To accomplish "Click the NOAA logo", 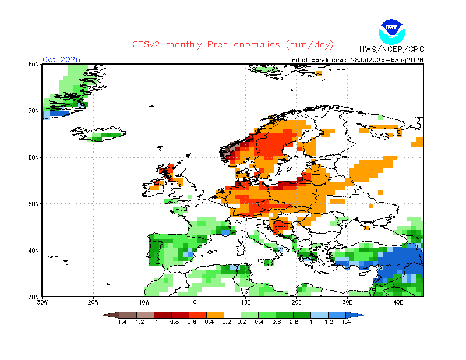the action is (391, 32).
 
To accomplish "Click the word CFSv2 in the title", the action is (146, 45).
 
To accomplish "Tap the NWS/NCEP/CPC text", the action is (391, 49).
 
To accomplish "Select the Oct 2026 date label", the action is (61, 59).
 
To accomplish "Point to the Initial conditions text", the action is (356, 60).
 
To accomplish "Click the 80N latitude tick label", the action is (34, 64).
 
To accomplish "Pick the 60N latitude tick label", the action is (34, 157).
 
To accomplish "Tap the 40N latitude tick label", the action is (34, 250).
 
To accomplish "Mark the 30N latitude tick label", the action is (34, 297).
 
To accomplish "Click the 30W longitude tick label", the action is (42, 302).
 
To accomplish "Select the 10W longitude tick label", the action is (144, 302).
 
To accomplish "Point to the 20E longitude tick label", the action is (296, 302).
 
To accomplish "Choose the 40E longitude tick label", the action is (398, 302).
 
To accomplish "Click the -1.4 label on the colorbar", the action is (120, 322).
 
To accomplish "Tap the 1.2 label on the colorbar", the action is (329, 322).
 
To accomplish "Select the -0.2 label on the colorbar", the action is (224, 322).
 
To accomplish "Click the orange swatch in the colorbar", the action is (215, 315).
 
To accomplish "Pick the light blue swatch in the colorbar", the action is (319, 315).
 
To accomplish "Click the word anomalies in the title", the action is (257, 45).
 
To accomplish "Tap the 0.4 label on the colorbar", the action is (259, 322).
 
